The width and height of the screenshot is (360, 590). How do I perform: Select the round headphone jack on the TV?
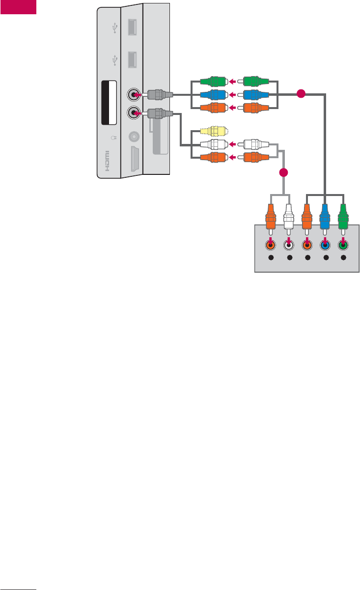[133, 137]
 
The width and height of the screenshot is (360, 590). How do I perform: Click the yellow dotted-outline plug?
[213, 132]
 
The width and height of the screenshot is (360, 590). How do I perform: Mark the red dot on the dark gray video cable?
[302, 93]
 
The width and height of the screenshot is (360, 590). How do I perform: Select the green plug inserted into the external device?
[343, 216]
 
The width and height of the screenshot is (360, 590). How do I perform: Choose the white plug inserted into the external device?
[289, 216]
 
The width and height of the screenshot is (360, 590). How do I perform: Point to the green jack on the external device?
[343, 245]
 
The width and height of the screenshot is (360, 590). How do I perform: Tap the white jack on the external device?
[289, 245]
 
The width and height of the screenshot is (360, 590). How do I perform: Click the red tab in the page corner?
[18, 7]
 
